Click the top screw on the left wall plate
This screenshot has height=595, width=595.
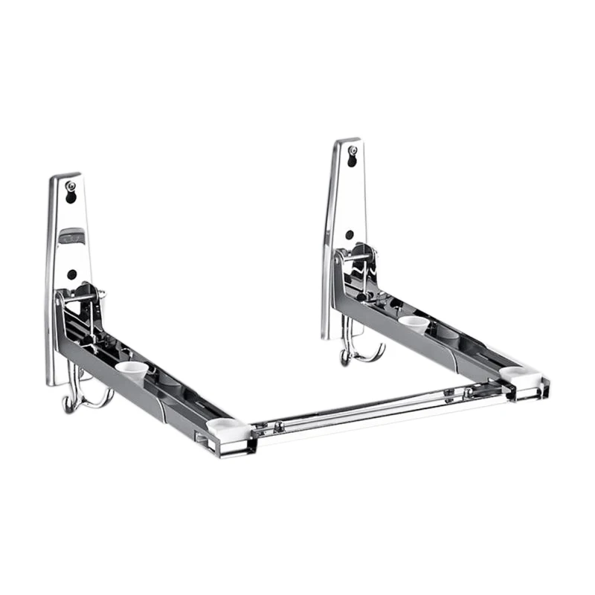point(71,187)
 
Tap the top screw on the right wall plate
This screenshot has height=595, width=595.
point(353,150)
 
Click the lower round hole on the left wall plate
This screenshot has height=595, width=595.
point(71,274)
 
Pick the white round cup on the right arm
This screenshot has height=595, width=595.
point(414,322)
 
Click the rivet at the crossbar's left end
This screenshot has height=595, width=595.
point(278,426)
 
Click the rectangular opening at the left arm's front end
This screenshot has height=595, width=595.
point(202,438)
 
